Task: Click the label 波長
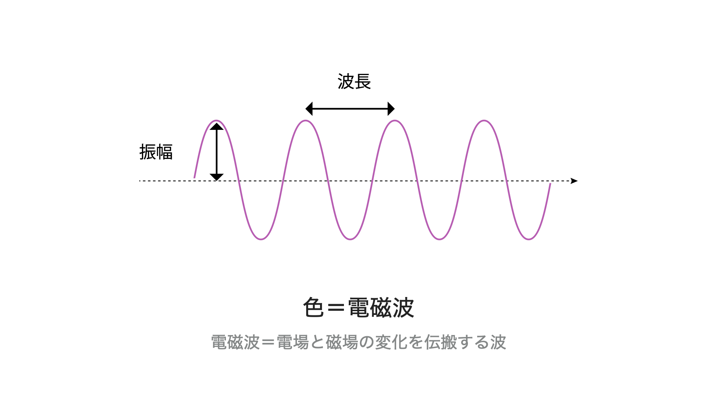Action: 354,81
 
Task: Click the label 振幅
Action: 156,152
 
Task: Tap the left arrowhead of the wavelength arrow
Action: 309,109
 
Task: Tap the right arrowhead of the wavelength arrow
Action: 391,109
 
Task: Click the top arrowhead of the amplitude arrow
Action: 217,126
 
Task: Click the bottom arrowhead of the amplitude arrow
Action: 217,177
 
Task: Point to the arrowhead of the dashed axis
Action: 574,181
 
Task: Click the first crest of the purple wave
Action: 217,121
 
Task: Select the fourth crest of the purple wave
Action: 484,121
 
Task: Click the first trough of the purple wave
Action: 261,239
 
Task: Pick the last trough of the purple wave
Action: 529,239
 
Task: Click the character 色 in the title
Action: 313,307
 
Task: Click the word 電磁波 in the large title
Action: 381,307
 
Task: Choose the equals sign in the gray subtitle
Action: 268,342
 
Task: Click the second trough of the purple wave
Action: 350,239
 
